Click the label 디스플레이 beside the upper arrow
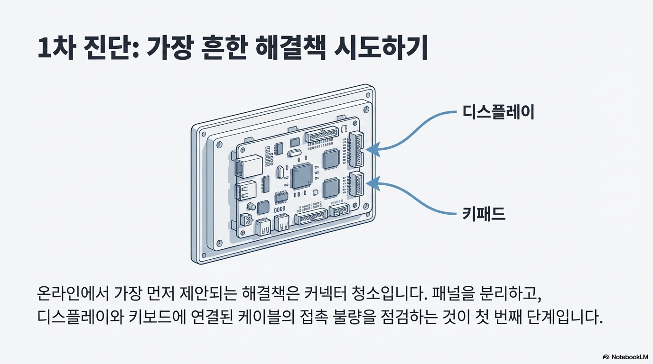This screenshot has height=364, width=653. click(498, 113)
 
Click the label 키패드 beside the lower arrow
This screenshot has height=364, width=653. click(484, 215)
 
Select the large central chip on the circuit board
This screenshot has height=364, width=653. click(301, 176)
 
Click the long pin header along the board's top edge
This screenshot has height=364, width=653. click(322, 136)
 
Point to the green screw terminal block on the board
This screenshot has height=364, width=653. click(245, 219)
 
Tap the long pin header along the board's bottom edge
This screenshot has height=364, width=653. click(311, 218)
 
